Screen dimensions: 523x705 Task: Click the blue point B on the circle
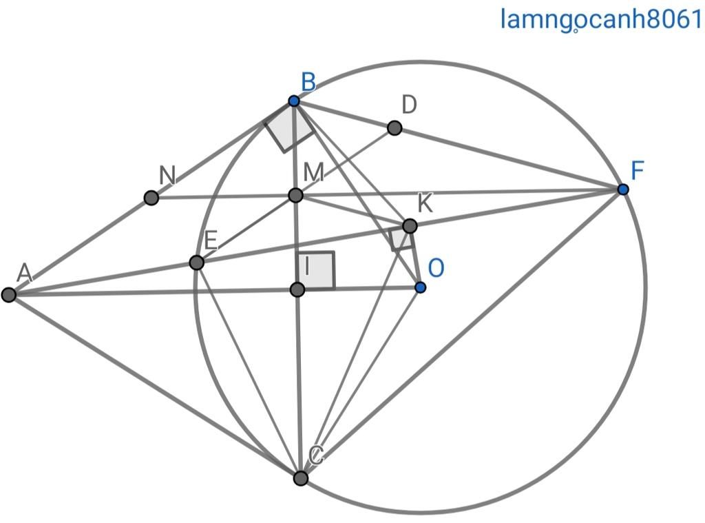[x=294, y=101]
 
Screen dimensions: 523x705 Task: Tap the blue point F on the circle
[x=623, y=189]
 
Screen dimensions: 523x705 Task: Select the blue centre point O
[x=420, y=287]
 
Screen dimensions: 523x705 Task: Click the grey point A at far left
[x=9, y=295]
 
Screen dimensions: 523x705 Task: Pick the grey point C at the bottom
[x=301, y=478]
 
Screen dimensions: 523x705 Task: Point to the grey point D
[x=394, y=127]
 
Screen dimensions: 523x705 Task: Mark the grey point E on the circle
[x=196, y=263]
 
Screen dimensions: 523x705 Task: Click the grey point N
[x=151, y=198]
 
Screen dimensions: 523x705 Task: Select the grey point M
[x=295, y=196]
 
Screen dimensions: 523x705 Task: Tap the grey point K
[x=410, y=226]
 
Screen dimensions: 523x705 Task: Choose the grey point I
[x=297, y=289]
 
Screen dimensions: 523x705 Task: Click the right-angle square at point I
[x=317, y=271]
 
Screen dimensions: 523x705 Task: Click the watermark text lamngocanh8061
[x=600, y=19]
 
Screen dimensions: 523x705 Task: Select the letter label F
[x=637, y=170]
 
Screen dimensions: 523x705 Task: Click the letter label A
[x=25, y=273]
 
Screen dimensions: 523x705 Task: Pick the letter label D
[x=409, y=105]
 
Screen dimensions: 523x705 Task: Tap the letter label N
[x=167, y=176]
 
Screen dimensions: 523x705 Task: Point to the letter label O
[x=435, y=267]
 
